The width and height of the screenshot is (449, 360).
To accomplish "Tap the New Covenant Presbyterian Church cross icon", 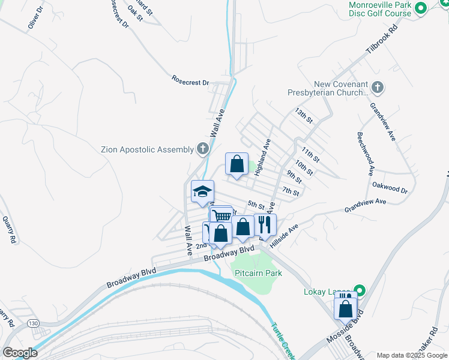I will [377, 88].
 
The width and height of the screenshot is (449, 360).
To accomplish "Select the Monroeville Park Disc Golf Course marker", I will [421, 8].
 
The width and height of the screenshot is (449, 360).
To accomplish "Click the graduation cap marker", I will [202, 192].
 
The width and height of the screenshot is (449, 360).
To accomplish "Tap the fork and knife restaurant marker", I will [265, 224].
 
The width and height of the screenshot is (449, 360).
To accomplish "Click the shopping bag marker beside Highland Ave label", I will [237, 164].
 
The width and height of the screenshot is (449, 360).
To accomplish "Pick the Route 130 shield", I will [35, 323].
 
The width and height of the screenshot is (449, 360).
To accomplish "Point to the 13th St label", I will [304, 116].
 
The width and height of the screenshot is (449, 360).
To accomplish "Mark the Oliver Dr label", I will [37, 19].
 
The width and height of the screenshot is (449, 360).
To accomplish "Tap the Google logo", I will [19, 353].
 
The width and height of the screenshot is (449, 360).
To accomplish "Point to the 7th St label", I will [291, 192].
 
